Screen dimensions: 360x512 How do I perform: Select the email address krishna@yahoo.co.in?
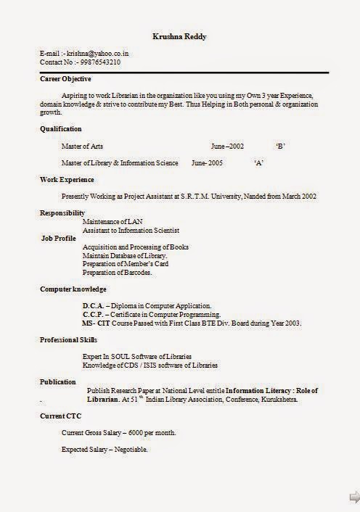point(98,54)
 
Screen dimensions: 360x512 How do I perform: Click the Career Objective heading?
point(65,78)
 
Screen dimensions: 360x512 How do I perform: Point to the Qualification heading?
point(61,128)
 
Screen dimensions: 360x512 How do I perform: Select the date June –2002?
point(227,146)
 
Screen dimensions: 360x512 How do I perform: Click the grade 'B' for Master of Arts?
point(280,146)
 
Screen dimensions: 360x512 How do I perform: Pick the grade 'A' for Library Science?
point(258,162)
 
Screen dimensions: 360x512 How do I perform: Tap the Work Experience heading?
point(67,179)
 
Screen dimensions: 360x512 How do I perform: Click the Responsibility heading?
point(62,212)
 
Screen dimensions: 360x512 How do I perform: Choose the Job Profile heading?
point(59,238)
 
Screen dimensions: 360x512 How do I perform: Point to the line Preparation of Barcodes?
point(118,273)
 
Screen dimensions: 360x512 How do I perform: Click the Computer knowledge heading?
point(73,289)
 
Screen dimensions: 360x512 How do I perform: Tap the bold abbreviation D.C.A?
point(94,306)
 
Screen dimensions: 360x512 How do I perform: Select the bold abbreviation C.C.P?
point(94,315)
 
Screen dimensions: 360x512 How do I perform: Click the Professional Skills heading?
point(68,339)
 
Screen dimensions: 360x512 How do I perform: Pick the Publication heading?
point(58,381)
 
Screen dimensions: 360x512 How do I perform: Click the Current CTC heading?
point(60,416)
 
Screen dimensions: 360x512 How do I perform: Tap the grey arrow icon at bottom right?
point(353,497)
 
